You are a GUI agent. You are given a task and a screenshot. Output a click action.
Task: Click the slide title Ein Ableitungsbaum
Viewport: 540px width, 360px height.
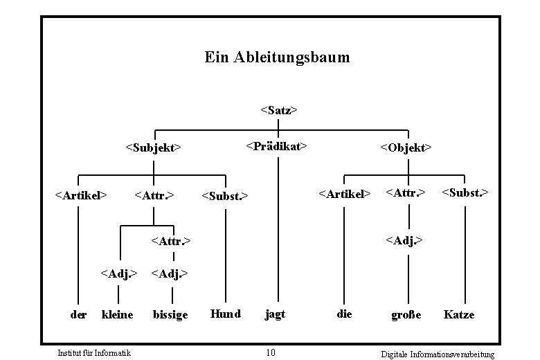pos(277,57)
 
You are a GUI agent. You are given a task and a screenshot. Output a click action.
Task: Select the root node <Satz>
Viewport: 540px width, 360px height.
pos(278,110)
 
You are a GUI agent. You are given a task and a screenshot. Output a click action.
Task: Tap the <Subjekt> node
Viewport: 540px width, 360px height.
pos(153,147)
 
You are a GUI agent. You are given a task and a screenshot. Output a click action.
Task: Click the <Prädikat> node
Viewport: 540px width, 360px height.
pos(276,146)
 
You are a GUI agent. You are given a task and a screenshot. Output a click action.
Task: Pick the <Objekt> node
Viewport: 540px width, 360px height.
pos(406,147)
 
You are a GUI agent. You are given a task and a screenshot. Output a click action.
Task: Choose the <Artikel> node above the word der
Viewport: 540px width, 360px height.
pos(80,195)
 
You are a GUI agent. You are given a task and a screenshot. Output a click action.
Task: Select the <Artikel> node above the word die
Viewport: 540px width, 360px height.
pos(344,194)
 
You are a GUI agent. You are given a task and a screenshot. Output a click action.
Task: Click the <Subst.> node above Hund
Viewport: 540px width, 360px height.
pos(224,196)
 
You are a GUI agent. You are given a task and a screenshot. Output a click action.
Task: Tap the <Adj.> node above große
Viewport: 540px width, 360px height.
pos(404,240)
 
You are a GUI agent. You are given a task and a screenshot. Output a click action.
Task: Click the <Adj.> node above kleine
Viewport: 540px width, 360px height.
pos(119,273)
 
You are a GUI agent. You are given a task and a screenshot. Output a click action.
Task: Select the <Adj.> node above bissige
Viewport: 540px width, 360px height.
pos(170,273)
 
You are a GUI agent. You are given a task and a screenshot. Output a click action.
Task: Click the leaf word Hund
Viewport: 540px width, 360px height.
pos(226,314)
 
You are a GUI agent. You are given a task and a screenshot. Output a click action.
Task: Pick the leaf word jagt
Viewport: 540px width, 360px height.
pos(275,314)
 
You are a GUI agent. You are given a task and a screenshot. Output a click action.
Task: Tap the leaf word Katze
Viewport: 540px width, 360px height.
pos(459,314)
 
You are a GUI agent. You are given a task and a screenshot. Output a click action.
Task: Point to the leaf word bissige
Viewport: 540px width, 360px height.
pos(170,315)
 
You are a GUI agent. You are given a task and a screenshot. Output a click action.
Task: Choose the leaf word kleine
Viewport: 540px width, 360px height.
pos(118,315)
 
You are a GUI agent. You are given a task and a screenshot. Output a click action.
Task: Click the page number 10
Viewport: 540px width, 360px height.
pos(271,353)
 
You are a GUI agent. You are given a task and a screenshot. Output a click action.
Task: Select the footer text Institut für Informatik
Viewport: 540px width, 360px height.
pos(94,354)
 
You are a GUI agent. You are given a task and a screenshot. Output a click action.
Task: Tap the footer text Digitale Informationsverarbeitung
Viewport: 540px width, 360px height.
pos(438,354)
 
